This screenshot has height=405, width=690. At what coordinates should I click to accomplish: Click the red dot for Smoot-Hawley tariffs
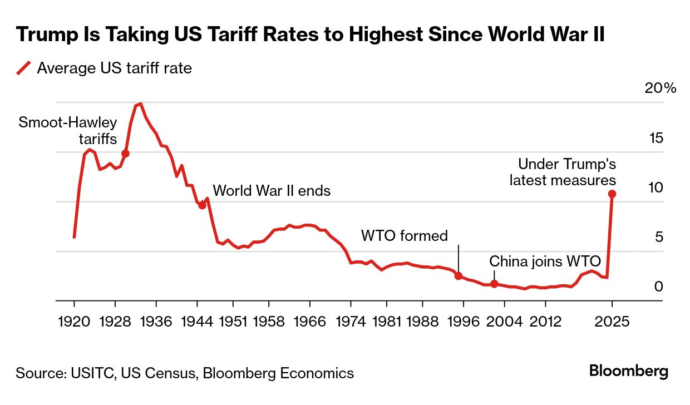click(x=125, y=154)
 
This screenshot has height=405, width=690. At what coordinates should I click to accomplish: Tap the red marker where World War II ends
click(x=202, y=205)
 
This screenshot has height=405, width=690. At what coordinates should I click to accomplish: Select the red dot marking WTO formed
click(x=459, y=275)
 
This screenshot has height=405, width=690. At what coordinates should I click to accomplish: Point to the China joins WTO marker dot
click(x=494, y=284)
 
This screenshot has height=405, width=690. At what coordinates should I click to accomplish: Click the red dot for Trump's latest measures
click(x=612, y=194)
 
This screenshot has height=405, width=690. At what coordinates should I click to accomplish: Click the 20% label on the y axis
click(x=660, y=88)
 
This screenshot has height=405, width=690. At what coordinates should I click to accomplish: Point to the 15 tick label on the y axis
click(x=657, y=137)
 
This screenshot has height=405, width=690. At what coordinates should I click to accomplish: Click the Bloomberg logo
click(x=629, y=371)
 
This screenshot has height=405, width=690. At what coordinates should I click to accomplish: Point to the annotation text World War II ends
click(x=272, y=191)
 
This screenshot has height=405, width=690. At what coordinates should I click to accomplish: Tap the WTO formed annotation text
click(x=404, y=236)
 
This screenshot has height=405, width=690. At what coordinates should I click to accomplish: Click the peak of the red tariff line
click(x=140, y=103)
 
